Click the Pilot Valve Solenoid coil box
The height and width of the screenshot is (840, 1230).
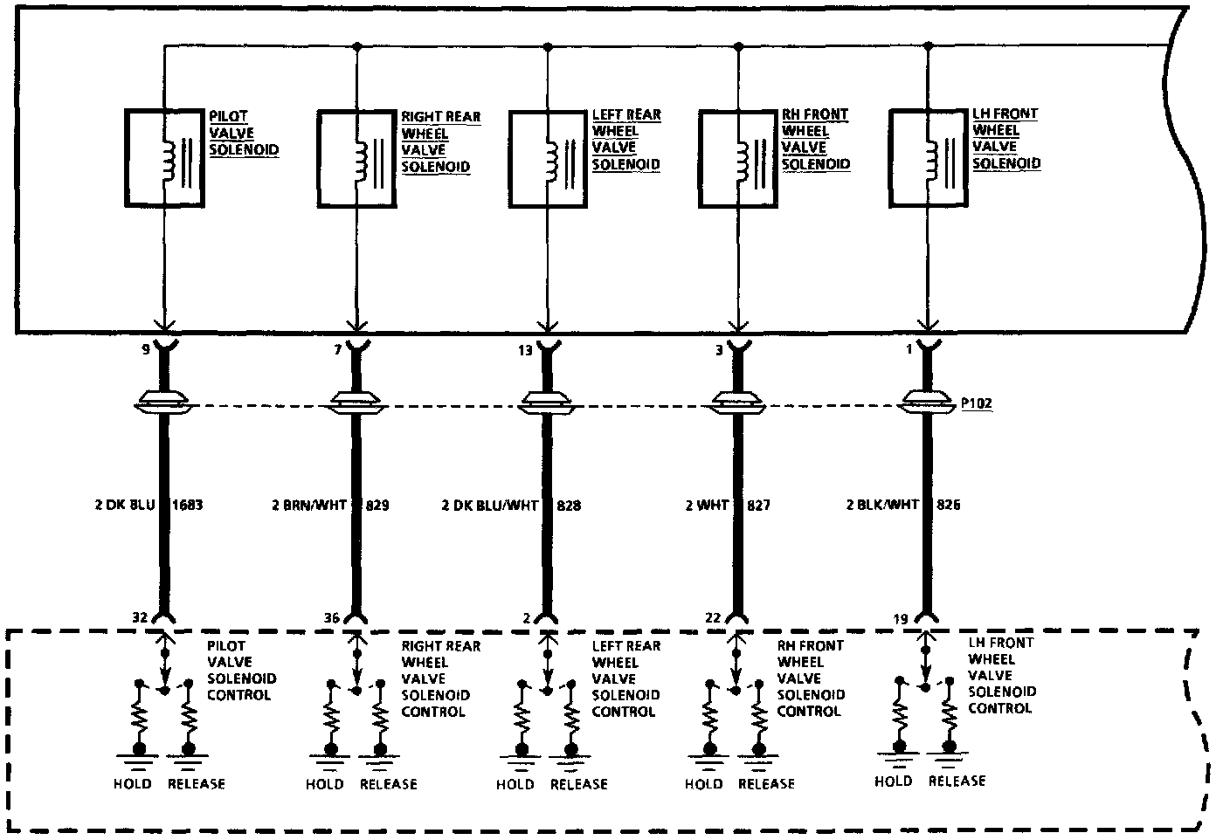click(165, 158)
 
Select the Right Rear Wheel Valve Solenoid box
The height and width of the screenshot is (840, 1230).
click(356, 159)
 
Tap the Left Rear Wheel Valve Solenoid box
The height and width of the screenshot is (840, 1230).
click(548, 158)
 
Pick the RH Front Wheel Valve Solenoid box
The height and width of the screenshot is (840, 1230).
click(738, 158)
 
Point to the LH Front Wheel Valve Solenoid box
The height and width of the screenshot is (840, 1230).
click(928, 158)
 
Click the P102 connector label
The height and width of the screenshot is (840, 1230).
click(975, 404)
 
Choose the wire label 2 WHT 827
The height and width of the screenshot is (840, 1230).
click(728, 505)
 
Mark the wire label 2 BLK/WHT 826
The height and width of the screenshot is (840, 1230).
click(903, 504)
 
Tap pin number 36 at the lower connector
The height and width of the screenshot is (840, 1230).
click(331, 618)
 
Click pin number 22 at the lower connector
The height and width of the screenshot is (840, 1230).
click(713, 618)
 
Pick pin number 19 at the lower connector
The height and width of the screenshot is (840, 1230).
click(902, 618)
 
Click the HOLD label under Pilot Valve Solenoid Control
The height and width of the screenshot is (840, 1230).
click(132, 784)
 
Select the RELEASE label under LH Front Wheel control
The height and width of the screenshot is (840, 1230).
click(957, 781)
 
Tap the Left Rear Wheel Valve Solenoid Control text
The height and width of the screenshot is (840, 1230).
click(626, 678)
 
